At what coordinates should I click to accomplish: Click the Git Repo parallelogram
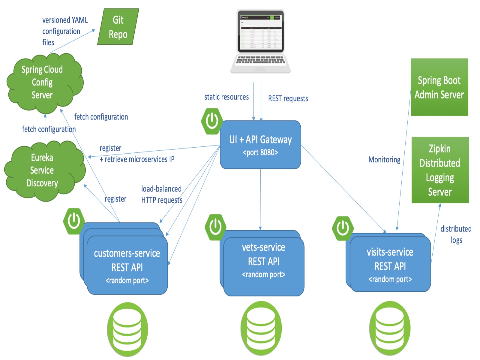click(x=118, y=27)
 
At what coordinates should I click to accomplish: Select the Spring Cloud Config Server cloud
click(x=43, y=82)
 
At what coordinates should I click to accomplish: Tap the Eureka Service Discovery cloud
click(x=43, y=170)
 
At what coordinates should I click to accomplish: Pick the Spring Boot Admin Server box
click(x=439, y=87)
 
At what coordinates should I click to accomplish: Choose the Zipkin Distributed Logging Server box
click(x=440, y=170)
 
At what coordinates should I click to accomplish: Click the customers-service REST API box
click(x=127, y=266)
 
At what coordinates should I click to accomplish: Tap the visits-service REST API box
click(x=390, y=265)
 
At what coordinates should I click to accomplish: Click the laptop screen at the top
click(x=260, y=32)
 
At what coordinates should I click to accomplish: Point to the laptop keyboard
click(x=260, y=60)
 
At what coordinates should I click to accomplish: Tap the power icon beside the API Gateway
click(x=212, y=121)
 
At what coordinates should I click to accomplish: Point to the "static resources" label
click(x=226, y=97)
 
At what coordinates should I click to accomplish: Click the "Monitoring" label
click(x=384, y=160)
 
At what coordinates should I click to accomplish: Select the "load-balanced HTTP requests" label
click(x=162, y=194)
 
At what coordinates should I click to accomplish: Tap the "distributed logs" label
click(x=456, y=234)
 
